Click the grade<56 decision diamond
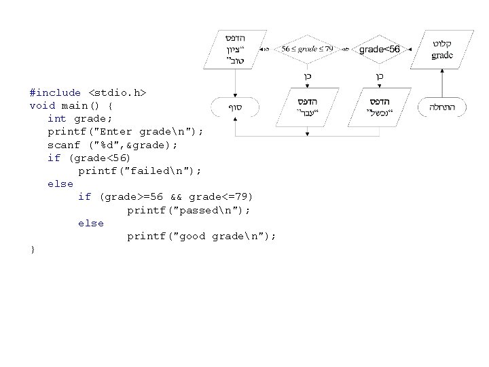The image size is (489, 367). pos(379,49)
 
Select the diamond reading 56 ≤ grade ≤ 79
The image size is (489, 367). pos(308,49)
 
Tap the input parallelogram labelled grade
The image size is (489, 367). pos(442,50)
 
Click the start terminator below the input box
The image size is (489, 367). pos(446,107)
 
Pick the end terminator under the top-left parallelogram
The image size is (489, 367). pos(234,107)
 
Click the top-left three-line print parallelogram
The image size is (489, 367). pos(235,49)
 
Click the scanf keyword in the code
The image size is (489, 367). pos(63,145)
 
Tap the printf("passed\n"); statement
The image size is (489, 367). pos(188,210)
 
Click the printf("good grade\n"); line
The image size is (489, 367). pos(201,236)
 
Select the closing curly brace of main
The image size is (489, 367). pos(33,249)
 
